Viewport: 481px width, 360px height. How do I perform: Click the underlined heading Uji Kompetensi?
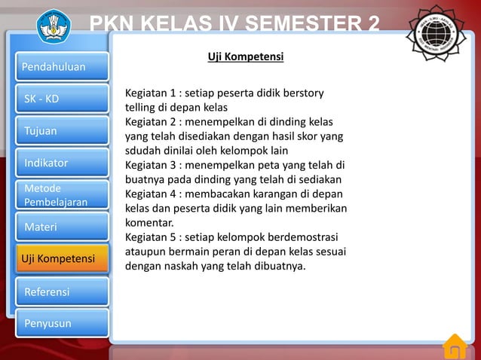[245, 57]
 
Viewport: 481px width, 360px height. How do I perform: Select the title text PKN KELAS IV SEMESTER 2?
[234, 25]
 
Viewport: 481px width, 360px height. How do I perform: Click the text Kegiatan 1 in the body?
[152, 93]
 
